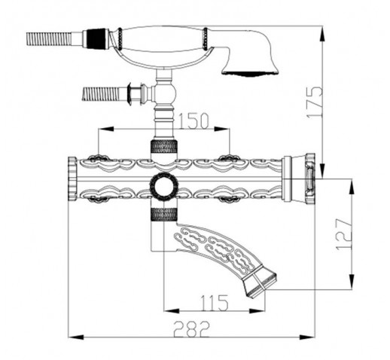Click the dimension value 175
(315, 102)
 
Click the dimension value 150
(193, 121)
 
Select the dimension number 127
(344, 234)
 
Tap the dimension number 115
(214, 303)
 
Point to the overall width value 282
(191, 329)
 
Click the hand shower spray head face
(250, 74)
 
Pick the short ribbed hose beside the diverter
(101, 94)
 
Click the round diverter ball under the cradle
(166, 93)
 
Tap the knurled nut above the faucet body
(164, 147)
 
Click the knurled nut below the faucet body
(164, 215)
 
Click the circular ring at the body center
(164, 187)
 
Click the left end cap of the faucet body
(72, 178)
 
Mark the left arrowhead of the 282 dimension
(75, 337)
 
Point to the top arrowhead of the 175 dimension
(323, 33)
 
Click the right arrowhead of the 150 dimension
(222, 129)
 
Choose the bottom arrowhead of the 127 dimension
(352, 282)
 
